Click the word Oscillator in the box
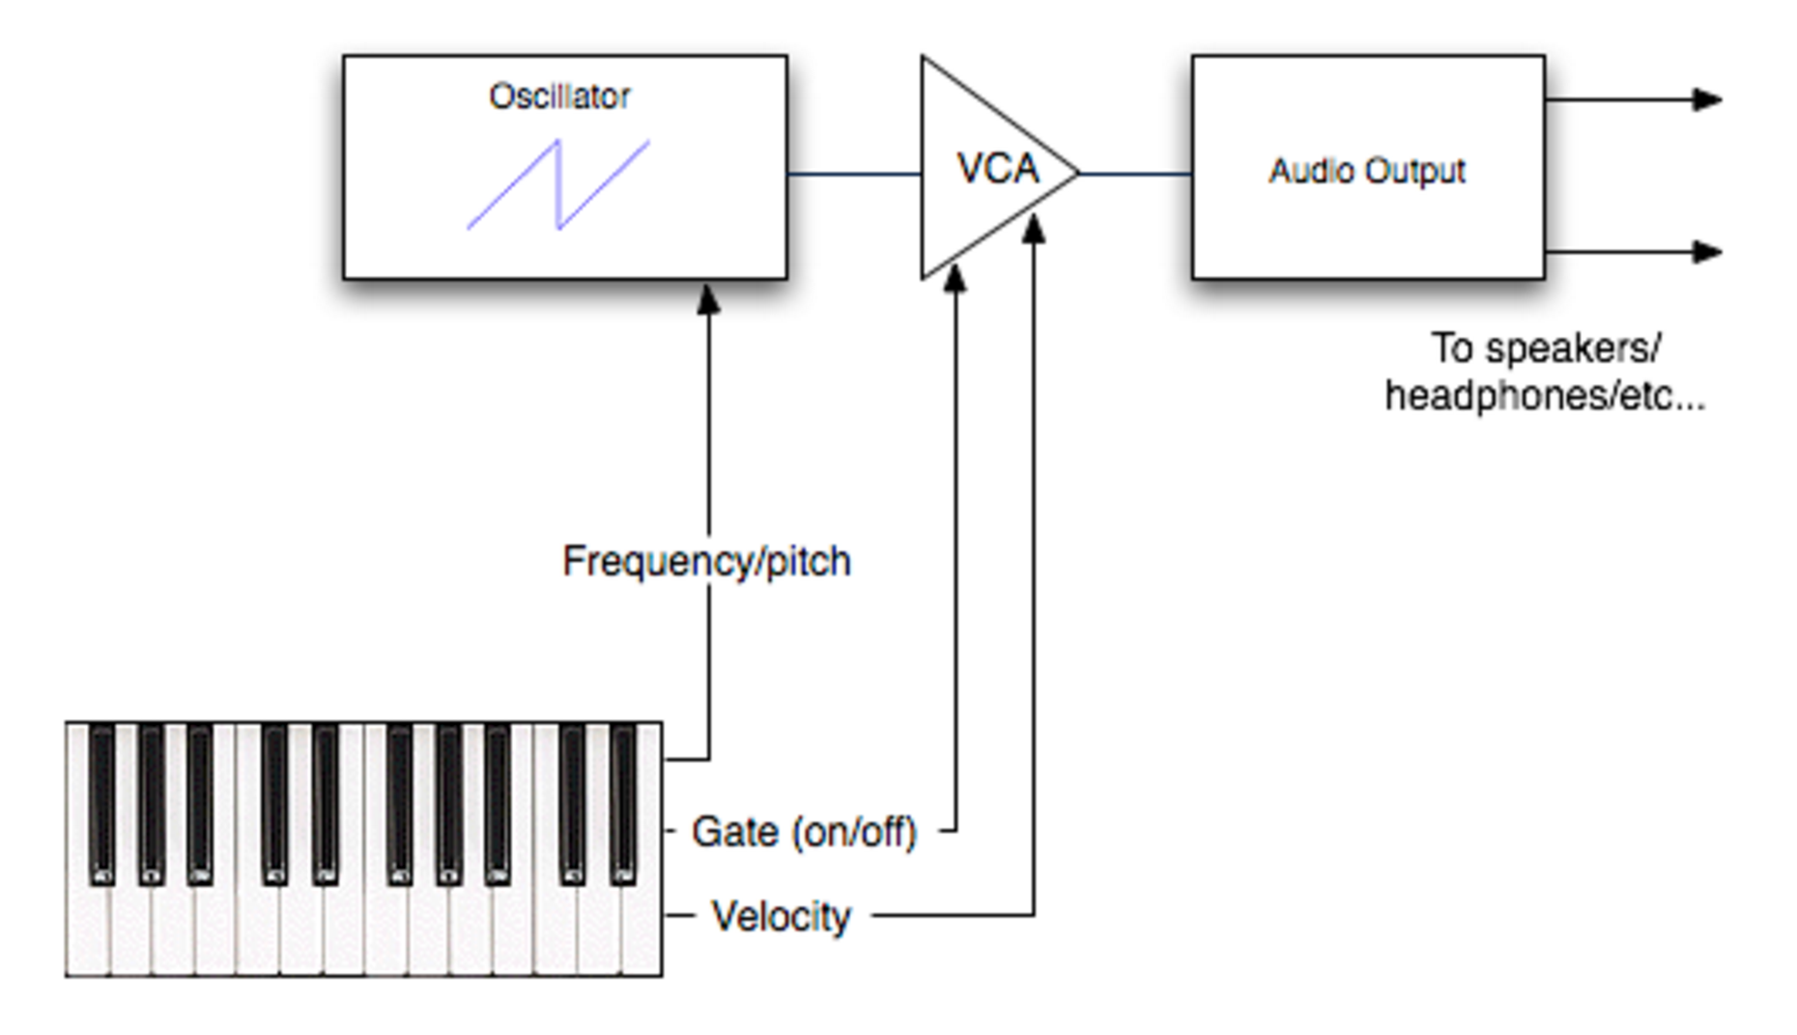coord(559,97)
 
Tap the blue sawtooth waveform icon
coord(558,184)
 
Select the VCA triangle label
coord(998,169)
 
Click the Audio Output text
coord(1367,171)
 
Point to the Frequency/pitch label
coord(707,562)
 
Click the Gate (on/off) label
coord(804,831)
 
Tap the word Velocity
coord(781,916)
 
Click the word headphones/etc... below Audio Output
coord(1545,396)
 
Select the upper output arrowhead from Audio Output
coord(1707,99)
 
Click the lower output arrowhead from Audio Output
coord(1707,252)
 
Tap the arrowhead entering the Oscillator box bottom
coord(708,298)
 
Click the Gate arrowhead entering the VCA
coord(956,278)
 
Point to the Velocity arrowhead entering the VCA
coord(1034,229)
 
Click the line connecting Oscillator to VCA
coord(854,175)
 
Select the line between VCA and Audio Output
coord(1135,175)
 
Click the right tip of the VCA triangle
coord(1078,174)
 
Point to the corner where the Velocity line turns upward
coord(1034,914)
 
